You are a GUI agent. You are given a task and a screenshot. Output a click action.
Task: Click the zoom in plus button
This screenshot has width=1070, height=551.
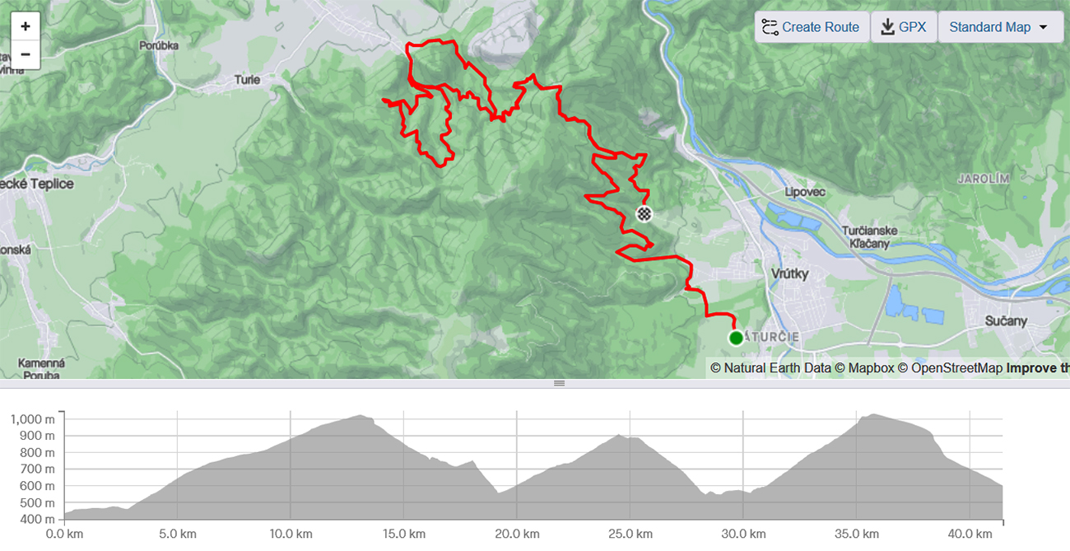click(x=26, y=26)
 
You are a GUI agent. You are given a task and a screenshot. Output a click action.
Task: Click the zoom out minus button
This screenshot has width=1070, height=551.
click(x=26, y=55)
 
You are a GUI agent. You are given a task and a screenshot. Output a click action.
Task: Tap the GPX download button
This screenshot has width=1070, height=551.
click(x=903, y=27)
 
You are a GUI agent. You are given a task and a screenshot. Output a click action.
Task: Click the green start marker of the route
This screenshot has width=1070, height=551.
click(x=736, y=338)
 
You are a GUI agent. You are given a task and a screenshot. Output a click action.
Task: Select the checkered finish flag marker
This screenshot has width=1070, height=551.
click(x=644, y=214)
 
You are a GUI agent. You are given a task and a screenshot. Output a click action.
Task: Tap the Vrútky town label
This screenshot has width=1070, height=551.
click(x=790, y=273)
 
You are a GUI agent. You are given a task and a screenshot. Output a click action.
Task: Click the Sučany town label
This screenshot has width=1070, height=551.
click(x=1006, y=321)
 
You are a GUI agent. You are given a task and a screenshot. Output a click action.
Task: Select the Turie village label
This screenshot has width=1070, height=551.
click(x=247, y=80)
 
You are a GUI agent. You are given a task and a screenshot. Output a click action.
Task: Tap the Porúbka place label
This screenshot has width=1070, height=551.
click(x=159, y=46)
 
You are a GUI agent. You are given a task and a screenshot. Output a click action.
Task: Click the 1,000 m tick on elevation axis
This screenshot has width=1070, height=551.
click(x=34, y=419)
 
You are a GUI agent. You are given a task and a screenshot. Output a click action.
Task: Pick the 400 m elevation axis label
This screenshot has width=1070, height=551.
click(x=39, y=520)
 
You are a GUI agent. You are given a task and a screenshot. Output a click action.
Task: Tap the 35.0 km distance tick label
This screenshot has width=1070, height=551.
click(x=856, y=534)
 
